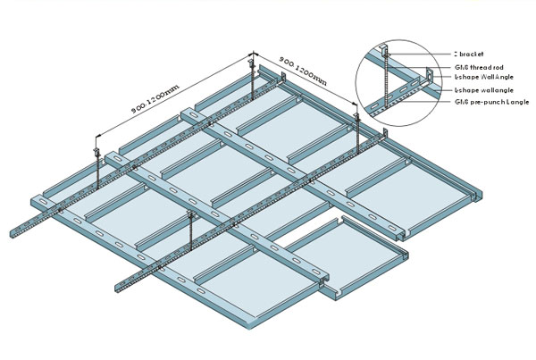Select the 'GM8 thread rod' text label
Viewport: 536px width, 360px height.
pos(480,68)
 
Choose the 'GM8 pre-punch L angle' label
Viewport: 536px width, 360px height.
pos(490,104)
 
